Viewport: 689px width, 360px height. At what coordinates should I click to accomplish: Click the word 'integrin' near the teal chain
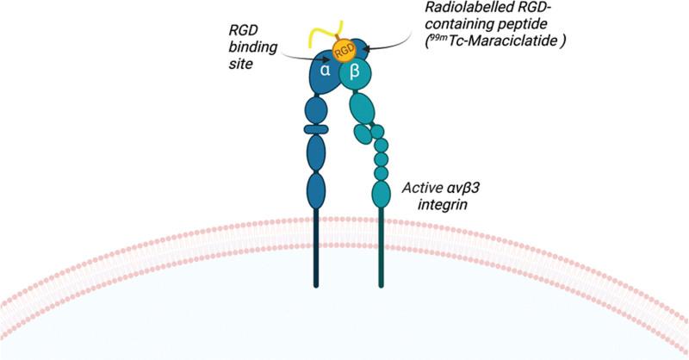429,205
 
